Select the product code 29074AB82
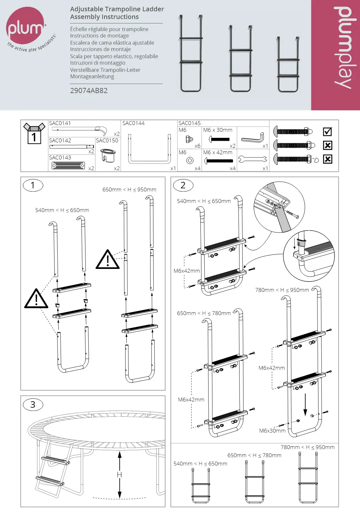(x=89, y=90)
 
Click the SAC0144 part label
(x=133, y=123)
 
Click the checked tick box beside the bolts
(x=327, y=131)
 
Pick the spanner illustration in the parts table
(x=252, y=159)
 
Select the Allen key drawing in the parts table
(x=253, y=138)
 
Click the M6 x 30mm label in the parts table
(x=218, y=130)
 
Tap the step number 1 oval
(x=33, y=185)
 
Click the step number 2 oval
(x=183, y=185)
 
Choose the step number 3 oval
(x=33, y=404)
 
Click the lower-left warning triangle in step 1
(x=36, y=299)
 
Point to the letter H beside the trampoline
(x=119, y=475)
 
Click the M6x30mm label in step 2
(x=272, y=431)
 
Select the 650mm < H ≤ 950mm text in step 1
(x=129, y=190)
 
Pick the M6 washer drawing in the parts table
(x=190, y=160)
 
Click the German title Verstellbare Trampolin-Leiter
(x=105, y=70)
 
